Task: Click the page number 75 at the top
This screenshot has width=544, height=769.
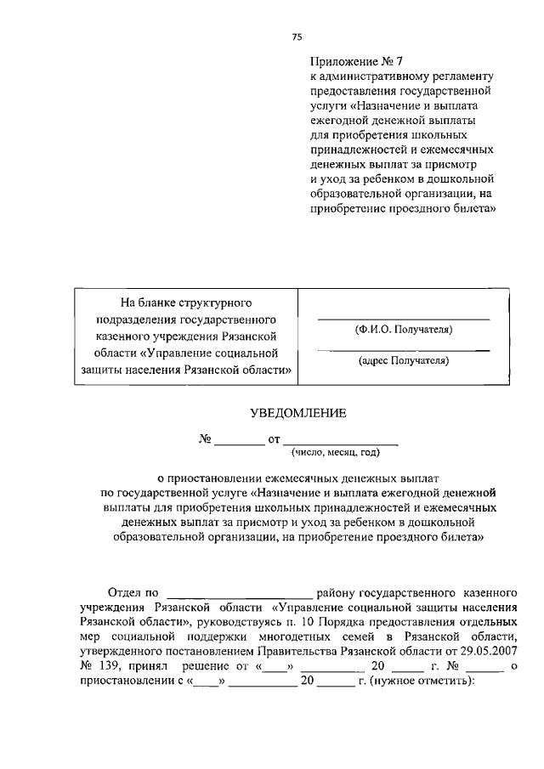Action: coord(297,37)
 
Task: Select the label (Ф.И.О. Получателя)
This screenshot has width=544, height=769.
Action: coord(403,329)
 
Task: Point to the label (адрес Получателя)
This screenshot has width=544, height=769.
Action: coord(403,360)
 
